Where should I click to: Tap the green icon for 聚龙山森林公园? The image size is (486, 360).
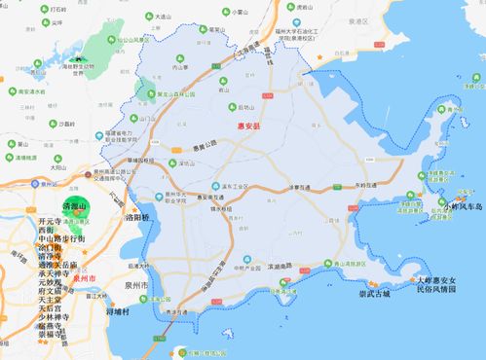(x=150, y=96)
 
